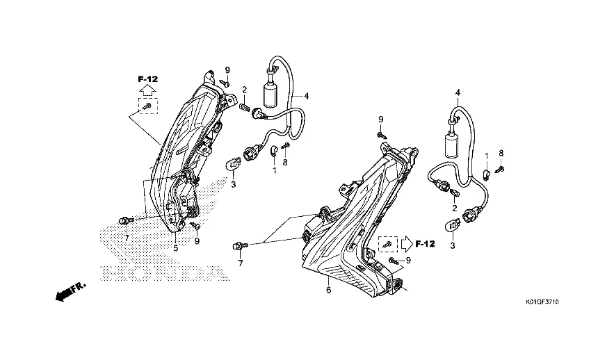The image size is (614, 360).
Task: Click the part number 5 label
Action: click(x=175, y=247)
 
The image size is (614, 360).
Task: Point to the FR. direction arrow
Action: click(x=68, y=291)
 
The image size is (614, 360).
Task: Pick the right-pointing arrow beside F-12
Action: click(x=405, y=244)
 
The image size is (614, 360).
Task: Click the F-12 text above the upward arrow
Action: click(x=147, y=79)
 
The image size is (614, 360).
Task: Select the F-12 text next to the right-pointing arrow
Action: click(x=425, y=244)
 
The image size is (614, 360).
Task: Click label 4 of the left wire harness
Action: click(x=305, y=95)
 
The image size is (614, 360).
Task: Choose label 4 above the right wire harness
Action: click(x=457, y=92)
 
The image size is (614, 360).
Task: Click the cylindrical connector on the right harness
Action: click(x=453, y=146)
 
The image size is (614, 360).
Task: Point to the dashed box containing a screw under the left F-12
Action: click(x=147, y=106)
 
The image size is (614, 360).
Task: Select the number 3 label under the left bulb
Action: click(x=234, y=184)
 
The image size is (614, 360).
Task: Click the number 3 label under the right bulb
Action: click(x=453, y=245)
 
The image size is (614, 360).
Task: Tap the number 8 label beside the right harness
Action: click(x=501, y=152)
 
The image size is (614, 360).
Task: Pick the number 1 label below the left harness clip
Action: click(x=274, y=170)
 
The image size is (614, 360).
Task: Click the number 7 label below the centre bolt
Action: click(x=241, y=264)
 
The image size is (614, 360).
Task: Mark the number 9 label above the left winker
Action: click(x=227, y=69)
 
